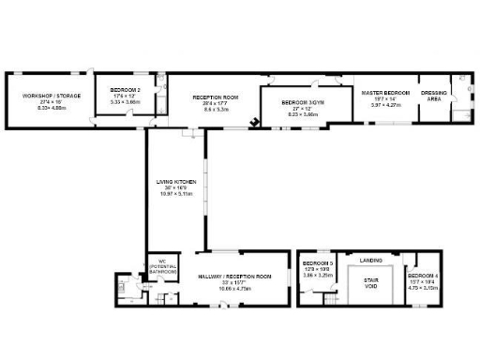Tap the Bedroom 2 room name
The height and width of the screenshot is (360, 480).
pyautogui.click(x=125, y=90)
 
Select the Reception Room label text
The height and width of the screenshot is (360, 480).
pyautogui.click(x=216, y=97)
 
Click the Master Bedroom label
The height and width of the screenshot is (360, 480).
pyautogui.click(x=386, y=92)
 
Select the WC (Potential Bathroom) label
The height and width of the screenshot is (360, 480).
pyautogui.click(x=161, y=266)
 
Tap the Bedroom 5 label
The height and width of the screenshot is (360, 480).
pyautogui.click(x=318, y=263)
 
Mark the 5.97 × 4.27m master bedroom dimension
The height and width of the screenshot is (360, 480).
pyautogui.click(x=386, y=104)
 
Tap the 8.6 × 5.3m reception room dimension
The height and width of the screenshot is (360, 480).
pyautogui.click(x=216, y=110)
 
